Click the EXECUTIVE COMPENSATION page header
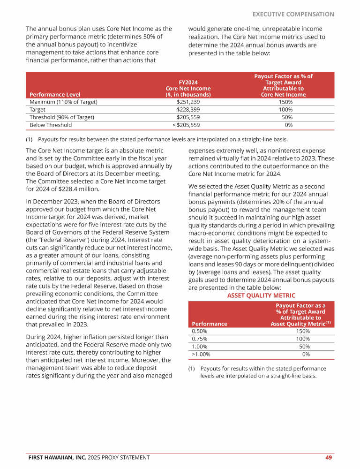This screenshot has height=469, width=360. [x=293, y=14]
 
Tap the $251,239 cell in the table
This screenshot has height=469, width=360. [x=188, y=101]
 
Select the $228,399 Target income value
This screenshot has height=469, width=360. [x=188, y=109]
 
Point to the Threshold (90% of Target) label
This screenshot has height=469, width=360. [x=62, y=117]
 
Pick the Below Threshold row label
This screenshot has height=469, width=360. [x=51, y=125]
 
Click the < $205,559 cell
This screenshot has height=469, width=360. [x=186, y=125]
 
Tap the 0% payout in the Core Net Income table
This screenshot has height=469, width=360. [x=289, y=125]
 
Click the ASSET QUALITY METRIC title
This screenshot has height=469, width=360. [x=261, y=295]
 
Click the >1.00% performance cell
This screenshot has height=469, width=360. [x=202, y=354]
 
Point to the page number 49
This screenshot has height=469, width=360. [x=329, y=457]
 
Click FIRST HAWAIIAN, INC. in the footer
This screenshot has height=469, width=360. [x=58, y=457]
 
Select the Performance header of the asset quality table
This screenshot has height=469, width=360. [x=210, y=324]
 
